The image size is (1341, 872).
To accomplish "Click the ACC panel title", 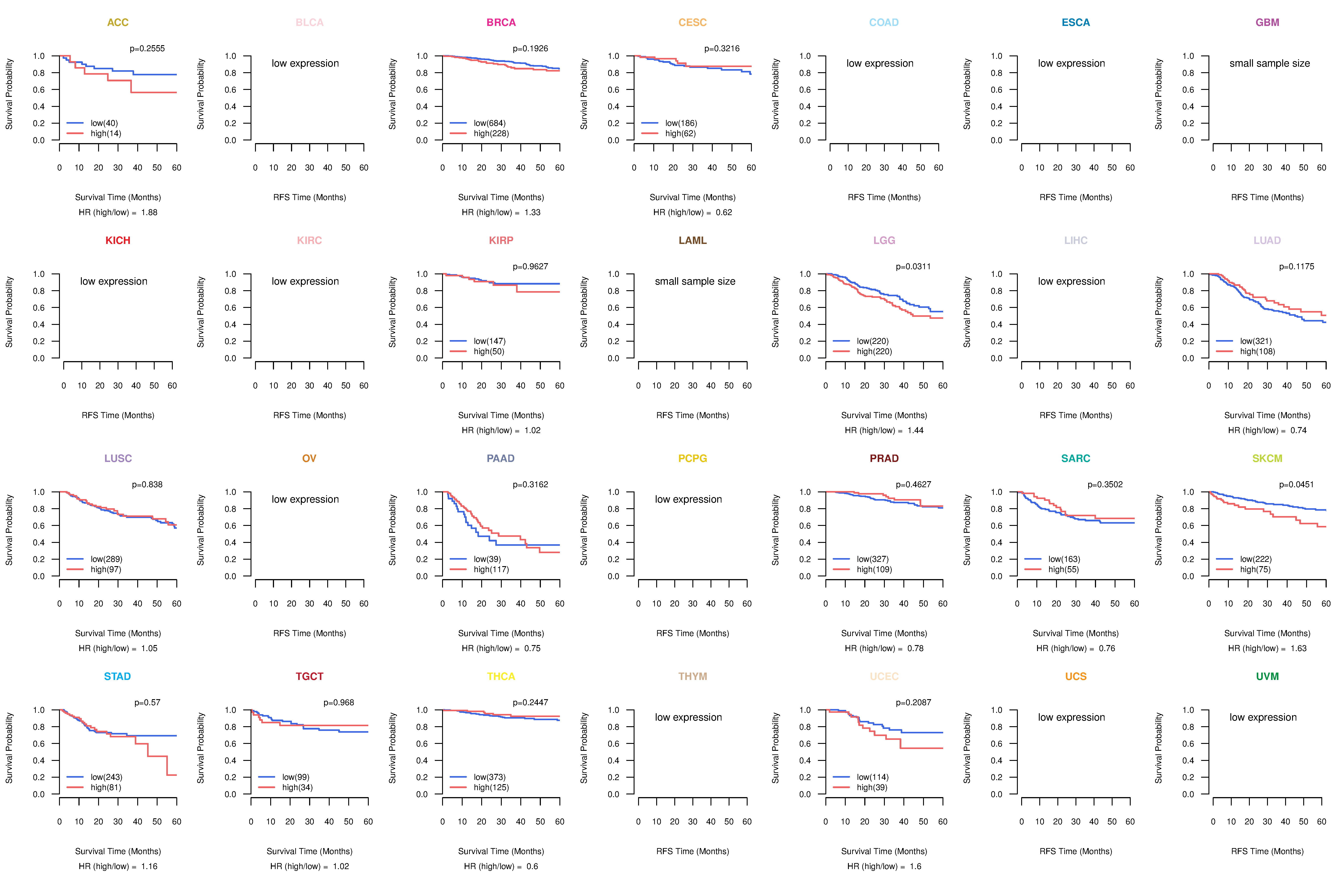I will [x=118, y=23].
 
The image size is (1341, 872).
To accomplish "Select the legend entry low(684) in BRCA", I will [x=489, y=123].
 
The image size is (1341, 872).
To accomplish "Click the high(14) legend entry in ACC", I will [x=105, y=133].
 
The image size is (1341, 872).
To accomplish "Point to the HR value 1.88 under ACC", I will [x=149, y=212].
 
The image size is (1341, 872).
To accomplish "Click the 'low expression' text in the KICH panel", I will [x=114, y=281].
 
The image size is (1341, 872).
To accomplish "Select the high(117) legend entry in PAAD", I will [x=491, y=569].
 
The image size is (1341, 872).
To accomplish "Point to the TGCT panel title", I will [x=309, y=676].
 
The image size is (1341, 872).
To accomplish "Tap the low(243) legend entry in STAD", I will [x=106, y=777].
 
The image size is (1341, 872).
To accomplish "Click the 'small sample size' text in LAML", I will [x=695, y=281].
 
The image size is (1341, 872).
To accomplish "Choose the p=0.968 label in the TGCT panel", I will [x=339, y=703].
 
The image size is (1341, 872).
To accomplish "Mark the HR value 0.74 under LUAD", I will [x=1298, y=431].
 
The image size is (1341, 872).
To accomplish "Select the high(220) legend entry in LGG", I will [x=874, y=352].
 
